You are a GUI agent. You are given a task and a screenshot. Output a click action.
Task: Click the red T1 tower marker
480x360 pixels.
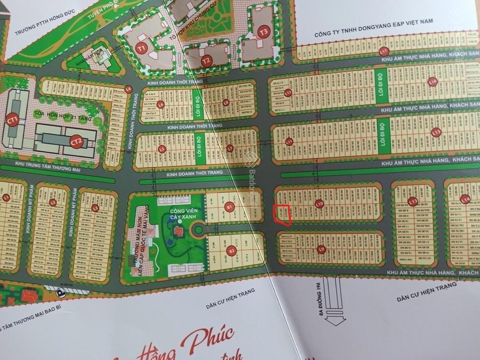(x=142, y=48)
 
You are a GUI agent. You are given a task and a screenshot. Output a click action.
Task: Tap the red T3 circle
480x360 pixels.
(x=263, y=32)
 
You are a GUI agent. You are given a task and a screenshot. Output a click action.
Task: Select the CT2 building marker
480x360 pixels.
(x=76, y=142)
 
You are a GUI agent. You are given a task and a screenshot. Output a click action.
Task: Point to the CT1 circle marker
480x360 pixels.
(x=12, y=121)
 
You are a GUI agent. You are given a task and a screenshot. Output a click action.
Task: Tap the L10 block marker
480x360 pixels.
(x=320, y=204)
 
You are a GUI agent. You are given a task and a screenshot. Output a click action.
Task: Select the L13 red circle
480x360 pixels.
(x=412, y=201)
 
